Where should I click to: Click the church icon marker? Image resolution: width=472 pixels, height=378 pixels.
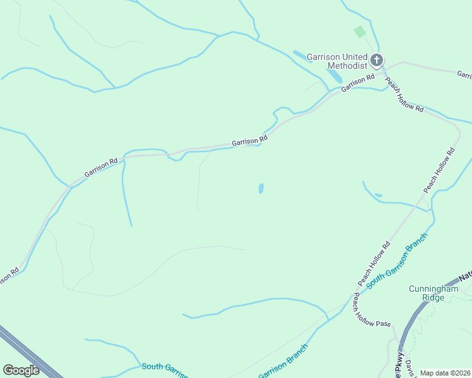[377, 60]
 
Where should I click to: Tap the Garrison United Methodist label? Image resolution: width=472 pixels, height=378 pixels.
[337, 61]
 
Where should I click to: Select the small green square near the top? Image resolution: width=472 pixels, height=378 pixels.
[360, 31]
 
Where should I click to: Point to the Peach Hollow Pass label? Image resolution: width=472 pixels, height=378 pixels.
[372, 310]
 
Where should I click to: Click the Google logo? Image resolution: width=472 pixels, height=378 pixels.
[21, 370]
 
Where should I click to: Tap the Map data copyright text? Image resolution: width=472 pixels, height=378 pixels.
[445, 373]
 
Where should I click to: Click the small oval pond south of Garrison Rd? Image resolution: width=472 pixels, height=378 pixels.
[261, 188]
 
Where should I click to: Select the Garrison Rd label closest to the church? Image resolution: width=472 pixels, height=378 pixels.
[358, 83]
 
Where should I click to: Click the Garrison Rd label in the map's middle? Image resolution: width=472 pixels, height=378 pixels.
[249, 141]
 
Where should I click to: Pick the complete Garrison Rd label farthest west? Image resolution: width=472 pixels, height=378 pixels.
[101, 168]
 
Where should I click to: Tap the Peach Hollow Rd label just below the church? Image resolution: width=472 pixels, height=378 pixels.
[404, 95]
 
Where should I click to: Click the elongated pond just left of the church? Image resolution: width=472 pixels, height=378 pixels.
[334, 76]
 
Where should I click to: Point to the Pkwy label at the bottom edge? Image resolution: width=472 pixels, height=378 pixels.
[399, 367]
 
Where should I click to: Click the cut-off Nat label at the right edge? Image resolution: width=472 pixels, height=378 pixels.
[465, 277]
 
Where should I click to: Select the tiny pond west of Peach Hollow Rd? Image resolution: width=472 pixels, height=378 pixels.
[378, 195]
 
